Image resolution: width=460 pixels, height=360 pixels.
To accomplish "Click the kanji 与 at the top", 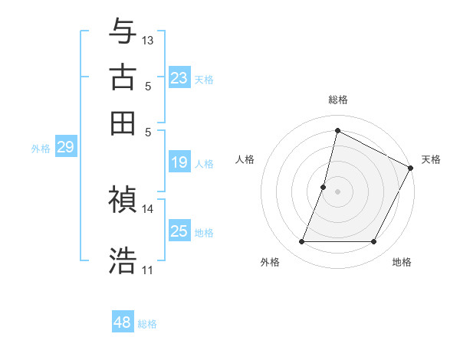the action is tap(123, 31).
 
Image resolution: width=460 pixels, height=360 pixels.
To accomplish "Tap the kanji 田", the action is tap(123, 123).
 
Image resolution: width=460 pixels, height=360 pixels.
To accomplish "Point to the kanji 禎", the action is tap(123, 199).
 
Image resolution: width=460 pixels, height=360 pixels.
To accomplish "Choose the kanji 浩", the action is tap(123, 260).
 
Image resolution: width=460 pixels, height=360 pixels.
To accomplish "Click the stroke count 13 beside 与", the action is tap(148, 40).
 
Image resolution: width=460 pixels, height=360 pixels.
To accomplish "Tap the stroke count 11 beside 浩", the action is tap(148, 270).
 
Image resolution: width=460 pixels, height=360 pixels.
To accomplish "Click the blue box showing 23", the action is tap(179, 78).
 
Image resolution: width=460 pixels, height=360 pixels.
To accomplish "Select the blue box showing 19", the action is tap(179, 162).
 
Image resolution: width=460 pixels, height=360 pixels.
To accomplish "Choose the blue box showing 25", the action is tap(179, 231).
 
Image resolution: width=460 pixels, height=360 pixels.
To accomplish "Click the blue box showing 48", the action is tap(123, 322).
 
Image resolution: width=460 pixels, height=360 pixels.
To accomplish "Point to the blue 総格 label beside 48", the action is tap(147, 324).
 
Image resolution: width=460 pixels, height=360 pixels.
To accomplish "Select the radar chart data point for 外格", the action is tap(301, 242).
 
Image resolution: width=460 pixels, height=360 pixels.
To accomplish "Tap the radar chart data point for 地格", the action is tap(373, 242).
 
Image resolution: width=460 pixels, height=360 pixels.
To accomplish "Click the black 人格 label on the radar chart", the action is tap(245, 159).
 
